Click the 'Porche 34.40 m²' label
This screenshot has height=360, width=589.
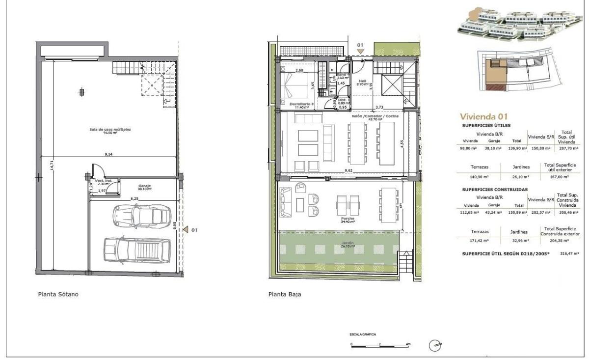[x=348, y=220]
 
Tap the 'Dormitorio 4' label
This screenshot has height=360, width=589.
[x=301, y=105]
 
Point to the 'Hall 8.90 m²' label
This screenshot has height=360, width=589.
[x=363, y=83]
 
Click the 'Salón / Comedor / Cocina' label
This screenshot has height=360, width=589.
[x=375, y=117]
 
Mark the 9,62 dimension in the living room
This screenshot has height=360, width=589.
[x=349, y=170]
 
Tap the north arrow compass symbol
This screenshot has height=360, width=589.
[x=435, y=346]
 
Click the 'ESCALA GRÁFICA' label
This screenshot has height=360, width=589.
[x=363, y=334]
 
